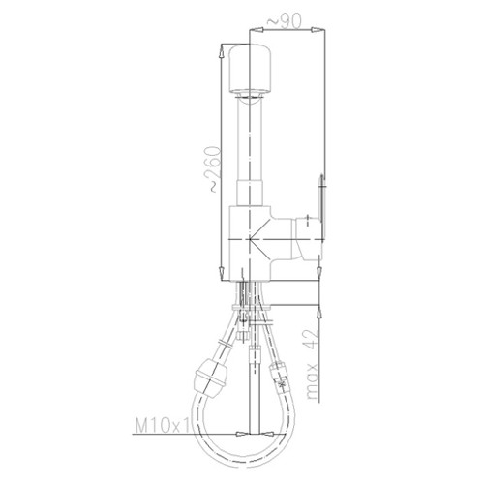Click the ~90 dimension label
tap(284, 21)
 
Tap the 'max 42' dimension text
tap(312, 364)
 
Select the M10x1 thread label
tap(163, 425)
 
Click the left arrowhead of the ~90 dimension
tap(257, 30)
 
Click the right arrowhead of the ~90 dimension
tap(317, 30)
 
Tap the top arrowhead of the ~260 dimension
tap(222, 50)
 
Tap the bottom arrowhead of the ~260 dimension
tap(222, 274)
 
